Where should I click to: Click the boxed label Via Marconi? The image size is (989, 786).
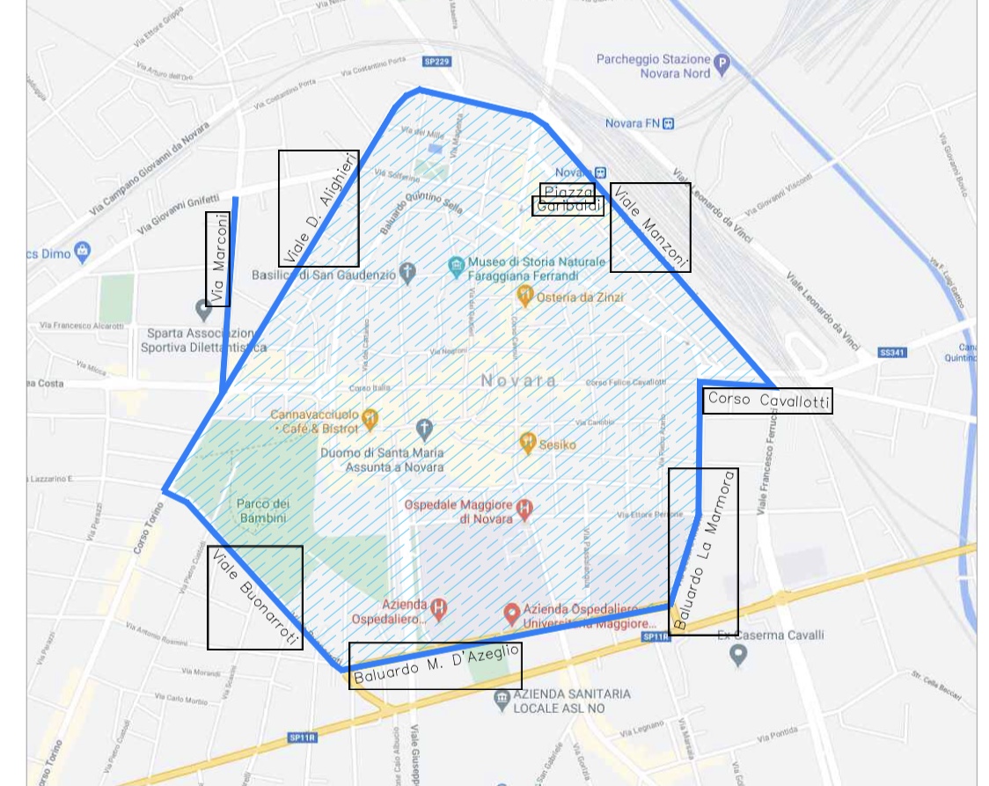coord(218,259)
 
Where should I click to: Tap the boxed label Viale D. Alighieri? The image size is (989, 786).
coord(319,209)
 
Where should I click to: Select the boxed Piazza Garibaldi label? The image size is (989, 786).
coord(568,200)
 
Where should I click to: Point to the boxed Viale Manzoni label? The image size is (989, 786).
coord(650,227)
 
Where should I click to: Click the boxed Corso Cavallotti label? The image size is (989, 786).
coord(767,400)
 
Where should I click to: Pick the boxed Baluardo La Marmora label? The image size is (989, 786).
coord(703,551)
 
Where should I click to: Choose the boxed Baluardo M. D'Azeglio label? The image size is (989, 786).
coord(436,665)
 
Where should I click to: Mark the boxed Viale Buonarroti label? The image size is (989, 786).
coord(255,598)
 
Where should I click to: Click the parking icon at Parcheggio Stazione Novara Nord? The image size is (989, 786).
coord(722,62)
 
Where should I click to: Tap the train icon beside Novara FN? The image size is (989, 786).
coord(669,123)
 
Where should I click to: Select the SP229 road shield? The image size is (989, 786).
coord(436,62)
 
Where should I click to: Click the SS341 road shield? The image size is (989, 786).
coord(892,352)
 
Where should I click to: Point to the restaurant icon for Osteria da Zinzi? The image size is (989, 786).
coord(525,297)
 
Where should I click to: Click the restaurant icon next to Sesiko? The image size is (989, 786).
coord(527,443)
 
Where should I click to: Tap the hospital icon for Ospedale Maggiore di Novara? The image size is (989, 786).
coord(525,508)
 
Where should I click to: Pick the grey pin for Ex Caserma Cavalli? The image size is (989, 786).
coord(739,654)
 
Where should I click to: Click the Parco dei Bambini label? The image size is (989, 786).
coord(262,511)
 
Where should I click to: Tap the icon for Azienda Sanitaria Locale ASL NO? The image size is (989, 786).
coord(502,699)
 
